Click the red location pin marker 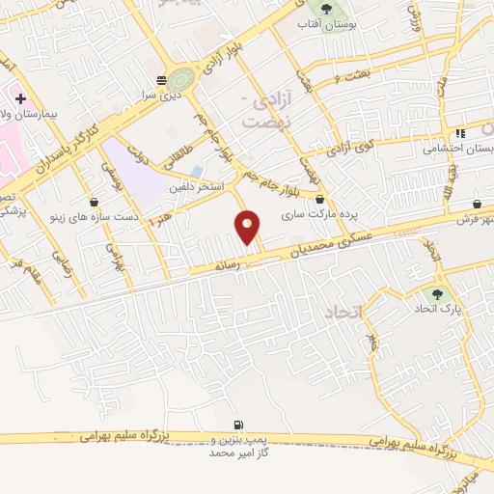248,226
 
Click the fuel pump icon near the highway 237,425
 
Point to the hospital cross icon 19,98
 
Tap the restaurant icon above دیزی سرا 161,80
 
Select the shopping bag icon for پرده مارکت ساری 319,200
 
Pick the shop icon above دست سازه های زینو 94,202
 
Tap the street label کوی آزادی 349,149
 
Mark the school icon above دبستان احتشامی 460,133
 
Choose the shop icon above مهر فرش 478,204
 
